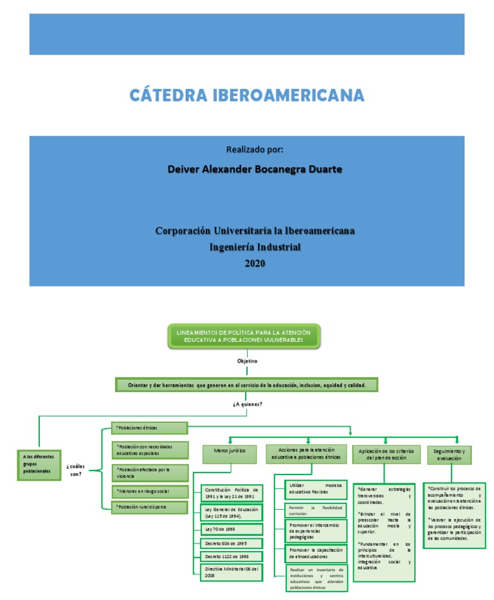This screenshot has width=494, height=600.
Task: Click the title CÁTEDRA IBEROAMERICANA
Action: (246, 96)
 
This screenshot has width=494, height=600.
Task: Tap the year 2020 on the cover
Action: (255, 263)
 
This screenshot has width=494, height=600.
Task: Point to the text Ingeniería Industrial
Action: (255, 247)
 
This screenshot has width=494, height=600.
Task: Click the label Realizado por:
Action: (255, 149)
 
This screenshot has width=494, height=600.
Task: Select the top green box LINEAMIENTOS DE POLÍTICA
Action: (244, 336)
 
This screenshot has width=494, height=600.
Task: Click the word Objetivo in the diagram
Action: (248, 361)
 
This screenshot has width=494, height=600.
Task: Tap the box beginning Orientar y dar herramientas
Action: (246, 385)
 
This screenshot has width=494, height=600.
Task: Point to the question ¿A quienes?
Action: (248, 404)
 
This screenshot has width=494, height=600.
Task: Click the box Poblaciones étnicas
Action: (149, 427)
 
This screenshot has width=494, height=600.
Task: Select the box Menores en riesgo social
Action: (149, 491)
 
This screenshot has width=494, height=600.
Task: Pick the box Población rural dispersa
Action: (149, 507)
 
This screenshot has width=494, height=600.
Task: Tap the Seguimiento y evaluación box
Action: (449, 455)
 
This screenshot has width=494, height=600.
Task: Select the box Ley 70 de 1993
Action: (231, 529)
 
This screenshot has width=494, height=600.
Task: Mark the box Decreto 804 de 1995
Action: (231, 543)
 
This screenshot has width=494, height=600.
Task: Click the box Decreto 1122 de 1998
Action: (231, 556)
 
